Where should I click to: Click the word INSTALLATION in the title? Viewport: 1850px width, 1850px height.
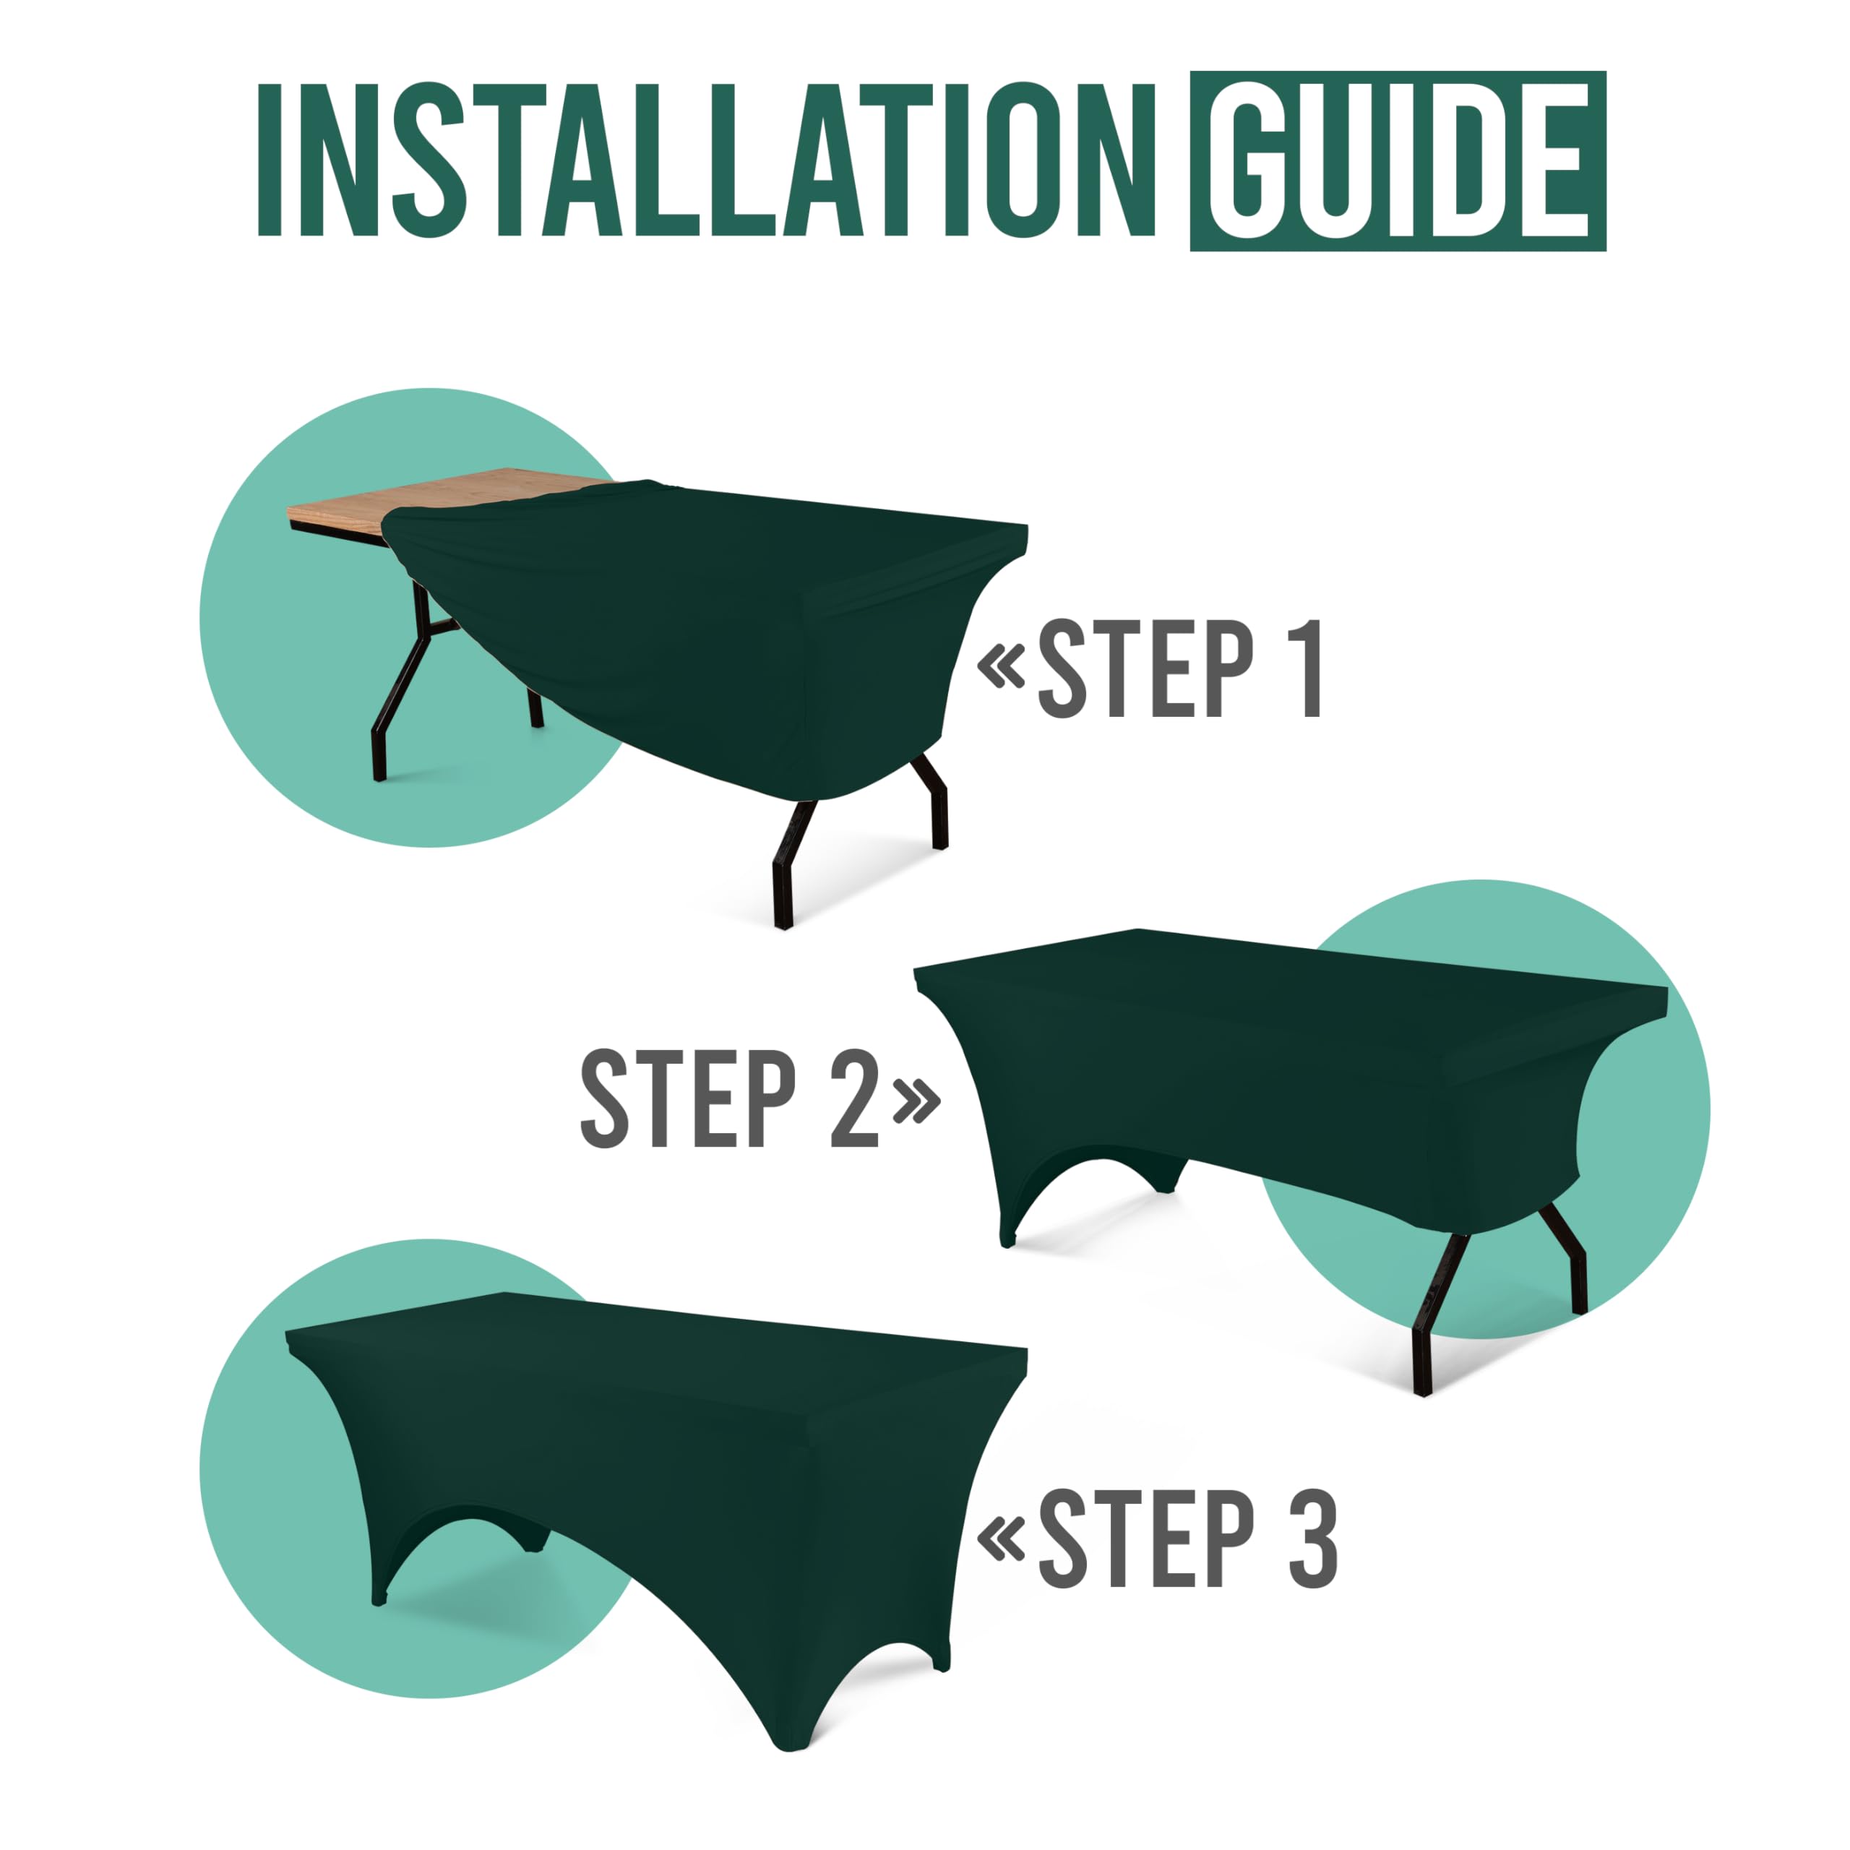[x=707, y=160]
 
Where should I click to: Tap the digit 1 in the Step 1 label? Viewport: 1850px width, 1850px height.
[x=1311, y=668]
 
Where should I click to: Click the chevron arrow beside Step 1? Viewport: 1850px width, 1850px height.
[x=1001, y=668]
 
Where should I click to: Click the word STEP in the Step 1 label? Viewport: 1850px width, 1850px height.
[x=1145, y=668]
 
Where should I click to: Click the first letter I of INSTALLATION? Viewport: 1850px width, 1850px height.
[x=269, y=160]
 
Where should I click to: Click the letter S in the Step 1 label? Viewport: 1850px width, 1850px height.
[x=1063, y=668]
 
